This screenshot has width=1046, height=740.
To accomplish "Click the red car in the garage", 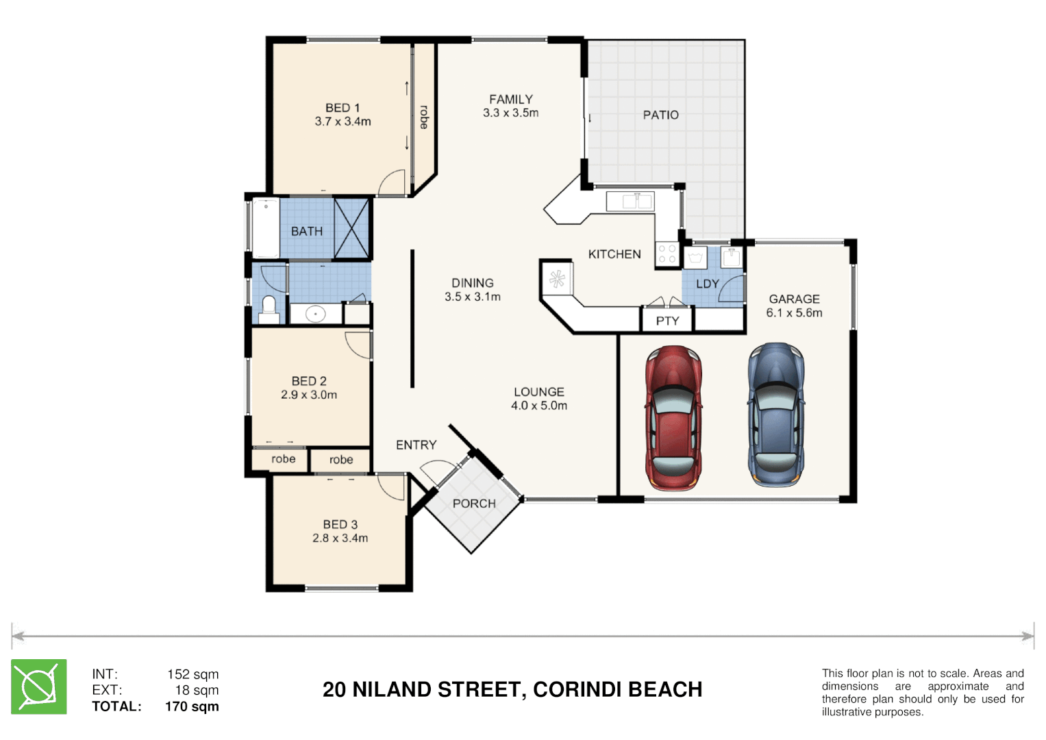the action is pyautogui.click(x=673, y=419).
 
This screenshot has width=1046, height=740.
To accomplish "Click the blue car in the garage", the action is pyautogui.click(x=776, y=415).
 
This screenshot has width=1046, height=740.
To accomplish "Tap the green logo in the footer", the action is pyautogui.click(x=39, y=687).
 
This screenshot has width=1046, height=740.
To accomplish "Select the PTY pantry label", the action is pyautogui.click(x=667, y=321).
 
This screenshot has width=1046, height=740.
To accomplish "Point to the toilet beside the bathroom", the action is pyautogui.click(x=268, y=309).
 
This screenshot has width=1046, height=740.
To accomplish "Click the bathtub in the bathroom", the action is pyautogui.click(x=266, y=228).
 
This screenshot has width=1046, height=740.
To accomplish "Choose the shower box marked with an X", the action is pyautogui.click(x=351, y=228).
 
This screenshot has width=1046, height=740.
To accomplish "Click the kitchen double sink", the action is pyautogui.click(x=630, y=201).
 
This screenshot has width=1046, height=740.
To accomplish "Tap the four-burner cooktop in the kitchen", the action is pyautogui.click(x=667, y=254).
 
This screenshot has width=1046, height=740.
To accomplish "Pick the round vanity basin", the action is pyautogui.click(x=315, y=314).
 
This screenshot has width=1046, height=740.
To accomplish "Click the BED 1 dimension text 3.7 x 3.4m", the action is pyautogui.click(x=343, y=121).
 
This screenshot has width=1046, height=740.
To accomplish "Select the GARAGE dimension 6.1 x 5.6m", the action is pyautogui.click(x=794, y=313).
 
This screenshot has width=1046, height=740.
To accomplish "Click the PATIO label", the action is pyautogui.click(x=661, y=115).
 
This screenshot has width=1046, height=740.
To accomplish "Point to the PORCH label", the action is pyautogui.click(x=474, y=504).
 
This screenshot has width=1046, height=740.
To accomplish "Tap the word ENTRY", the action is pyautogui.click(x=416, y=445).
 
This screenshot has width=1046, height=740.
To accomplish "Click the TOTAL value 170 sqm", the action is pyautogui.click(x=192, y=706).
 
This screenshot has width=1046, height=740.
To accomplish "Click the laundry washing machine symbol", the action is pyautogui.click(x=695, y=258).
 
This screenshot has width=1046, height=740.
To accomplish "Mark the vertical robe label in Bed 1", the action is pyautogui.click(x=424, y=117).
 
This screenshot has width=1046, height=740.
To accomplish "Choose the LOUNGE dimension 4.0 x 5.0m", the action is pyautogui.click(x=539, y=406).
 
